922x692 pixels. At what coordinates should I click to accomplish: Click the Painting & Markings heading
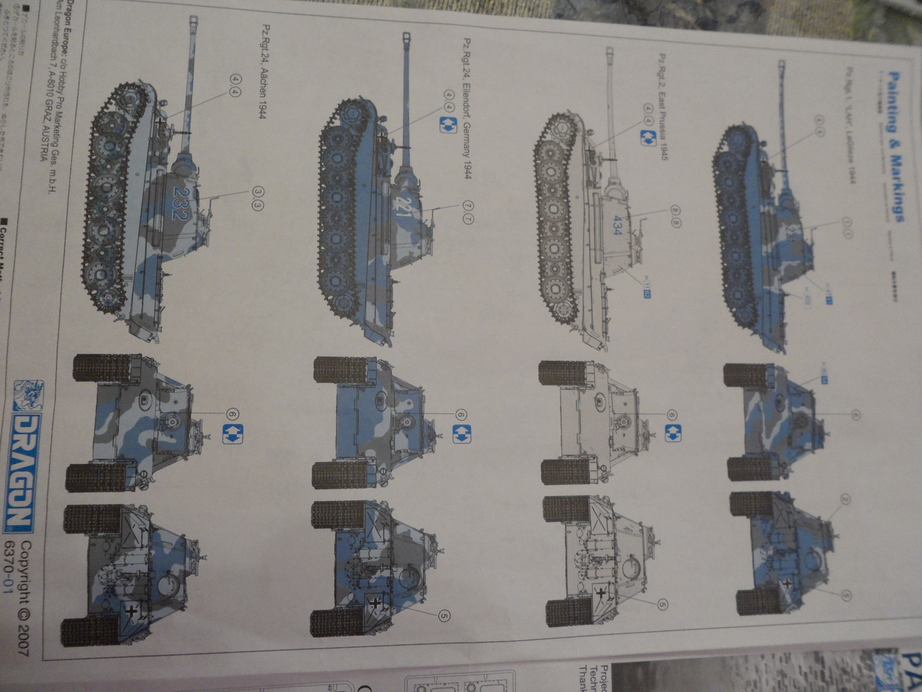[x=897, y=148]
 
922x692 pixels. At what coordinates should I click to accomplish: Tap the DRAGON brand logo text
[x=20, y=471]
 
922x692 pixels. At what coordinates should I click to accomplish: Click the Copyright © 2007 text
[x=24, y=597]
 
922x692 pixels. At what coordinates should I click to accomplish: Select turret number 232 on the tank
[x=180, y=204]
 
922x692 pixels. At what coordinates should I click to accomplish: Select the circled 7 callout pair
[x=468, y=211]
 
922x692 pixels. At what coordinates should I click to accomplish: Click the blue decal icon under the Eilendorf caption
[x=448, y=124]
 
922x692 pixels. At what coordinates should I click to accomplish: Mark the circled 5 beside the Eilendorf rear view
[x=444, y=615]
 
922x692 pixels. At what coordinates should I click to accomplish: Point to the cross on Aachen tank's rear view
[x=130, y=612]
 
